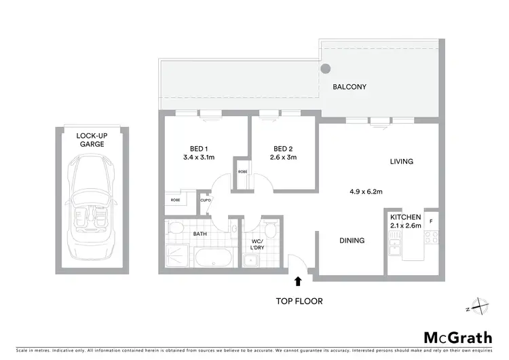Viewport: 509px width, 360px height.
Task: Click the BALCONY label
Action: pos(350,87)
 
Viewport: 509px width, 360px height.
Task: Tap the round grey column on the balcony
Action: pos(326,69)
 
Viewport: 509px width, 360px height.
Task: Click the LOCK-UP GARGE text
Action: pos(92,140)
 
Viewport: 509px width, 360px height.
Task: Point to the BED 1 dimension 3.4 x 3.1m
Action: pos(199,158)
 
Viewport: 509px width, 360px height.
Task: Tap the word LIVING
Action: pos(401,162)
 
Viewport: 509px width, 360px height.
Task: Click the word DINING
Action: pos(352,240)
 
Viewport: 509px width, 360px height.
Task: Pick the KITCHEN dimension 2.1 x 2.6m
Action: pos(406,225)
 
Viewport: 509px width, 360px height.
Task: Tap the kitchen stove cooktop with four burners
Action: pos(430,238)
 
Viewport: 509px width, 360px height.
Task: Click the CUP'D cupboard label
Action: pos(205,200)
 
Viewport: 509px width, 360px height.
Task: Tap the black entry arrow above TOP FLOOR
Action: pos(297,280)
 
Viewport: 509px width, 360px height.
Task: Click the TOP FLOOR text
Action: pos(299,300)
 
